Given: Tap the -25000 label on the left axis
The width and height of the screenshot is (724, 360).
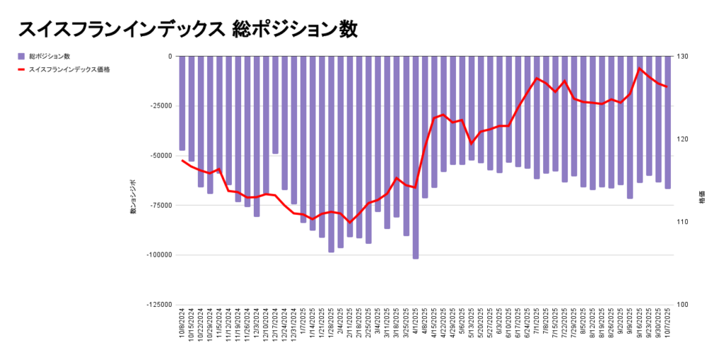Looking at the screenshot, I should click(x=159, y=106).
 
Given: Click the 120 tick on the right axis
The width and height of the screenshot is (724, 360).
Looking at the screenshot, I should click(x=684, y=139).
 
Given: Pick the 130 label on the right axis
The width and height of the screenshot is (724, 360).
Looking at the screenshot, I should click(x=684, y=57).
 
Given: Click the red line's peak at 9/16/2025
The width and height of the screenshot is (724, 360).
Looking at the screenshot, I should click(x=640, y=69).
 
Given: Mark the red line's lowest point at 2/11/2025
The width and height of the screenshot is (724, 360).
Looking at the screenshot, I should click(x=349, y=222).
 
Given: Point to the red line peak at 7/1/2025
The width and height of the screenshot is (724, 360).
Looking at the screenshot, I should click(x=537, y=78).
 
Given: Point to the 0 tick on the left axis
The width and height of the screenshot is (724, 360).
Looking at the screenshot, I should click(x=169, y=57).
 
